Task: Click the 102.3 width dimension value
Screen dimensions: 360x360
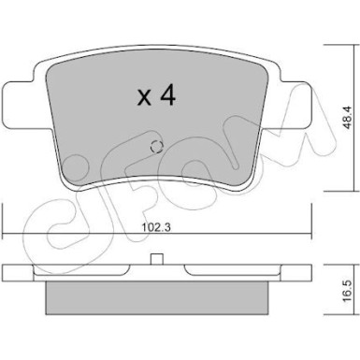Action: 156,228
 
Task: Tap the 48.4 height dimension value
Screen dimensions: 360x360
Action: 348,118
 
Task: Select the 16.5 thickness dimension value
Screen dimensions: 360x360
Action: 348,290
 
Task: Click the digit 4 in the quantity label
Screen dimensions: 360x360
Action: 167,95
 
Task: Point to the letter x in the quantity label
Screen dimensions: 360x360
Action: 145,97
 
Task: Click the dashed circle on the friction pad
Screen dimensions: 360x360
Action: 156,147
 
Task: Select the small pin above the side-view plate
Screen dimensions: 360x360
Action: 157,259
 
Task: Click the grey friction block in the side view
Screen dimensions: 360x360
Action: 157,297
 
